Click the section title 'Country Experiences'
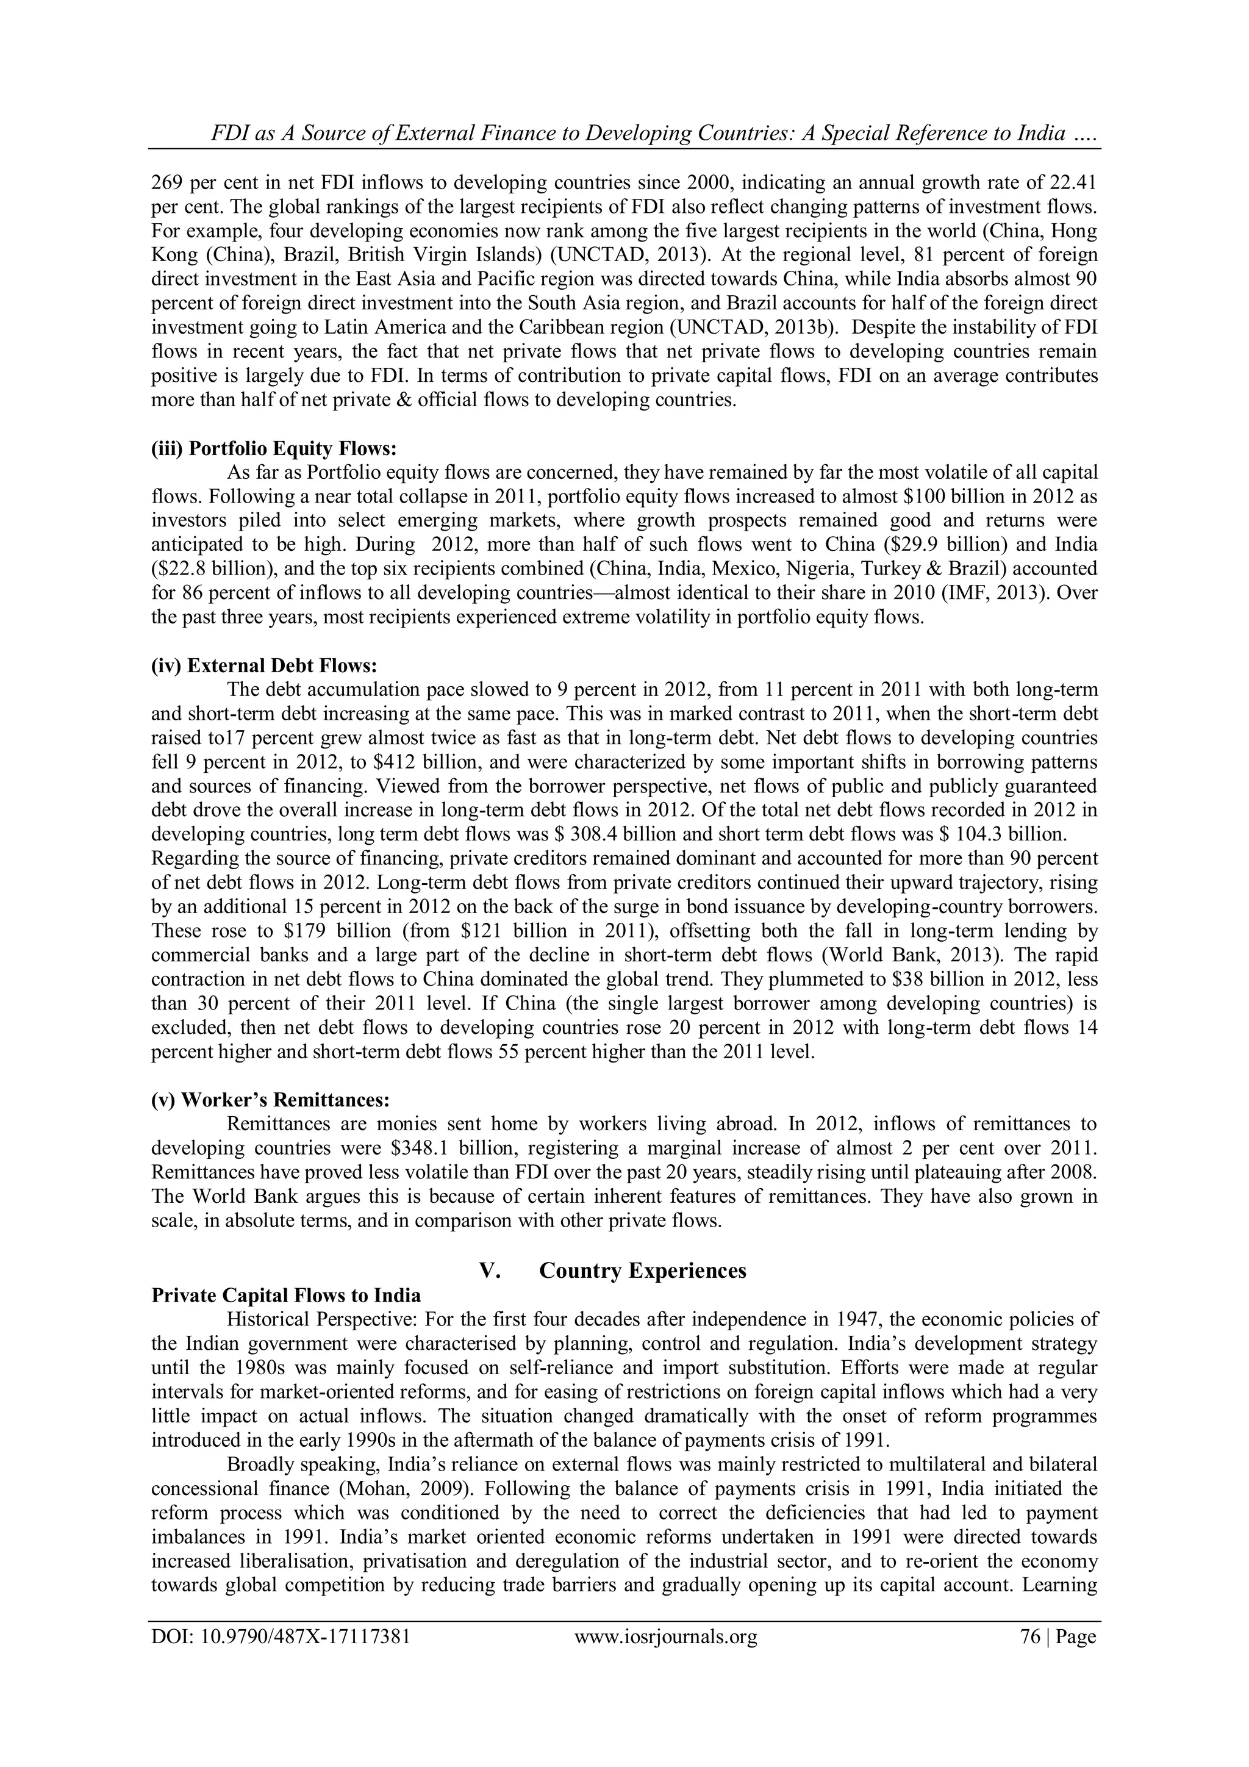click(643, 1270)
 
